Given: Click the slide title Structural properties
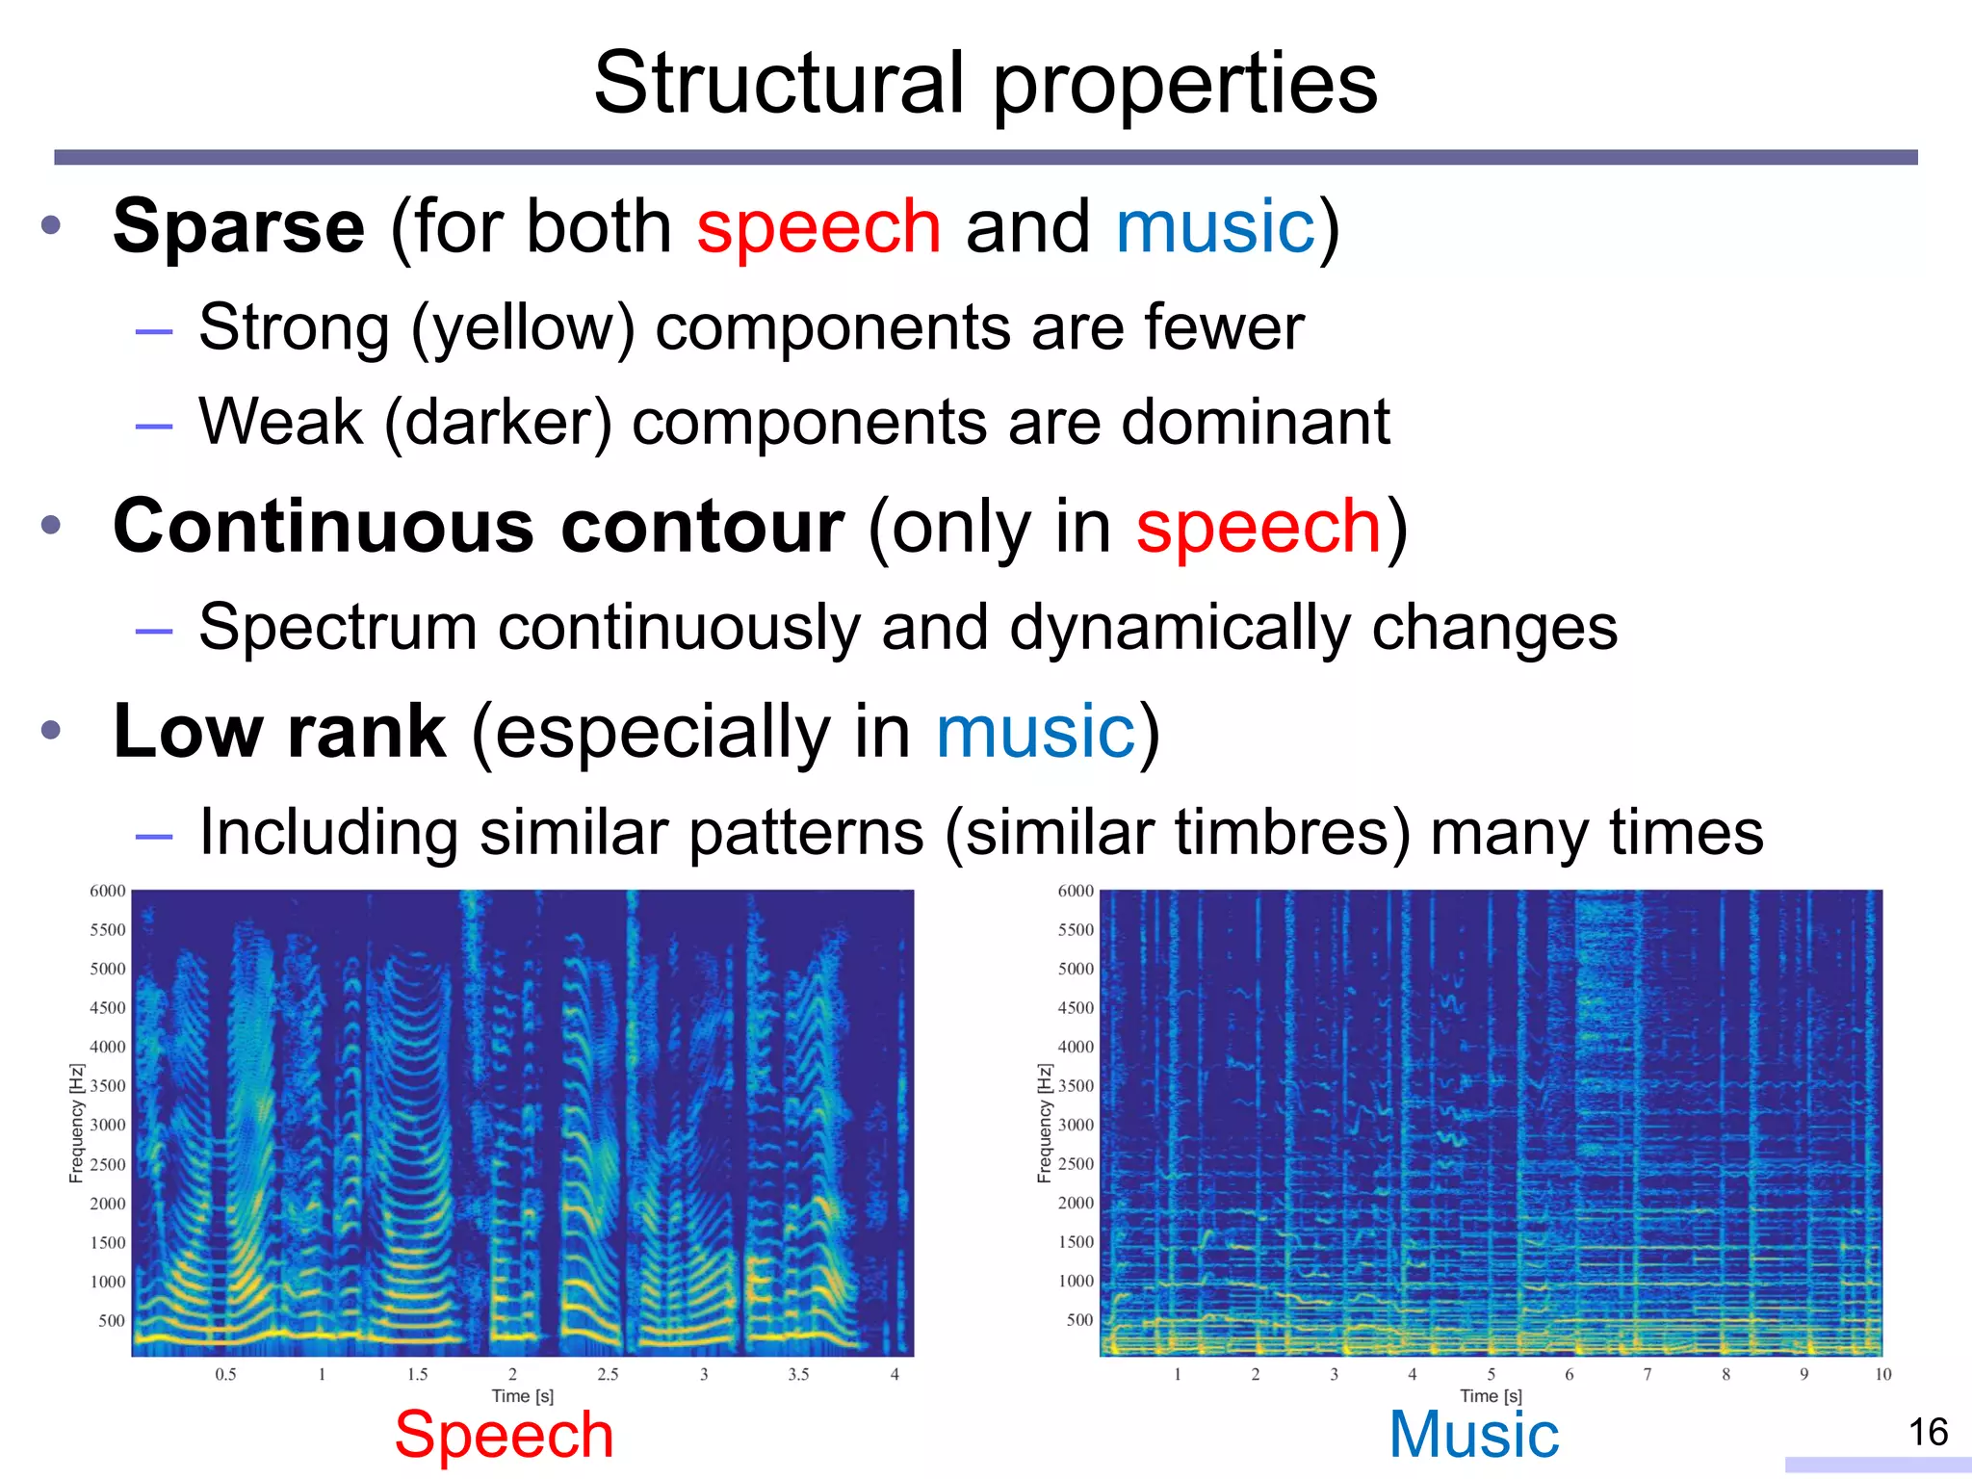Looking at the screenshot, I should click(985, 83).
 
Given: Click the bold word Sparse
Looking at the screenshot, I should click(239, 227).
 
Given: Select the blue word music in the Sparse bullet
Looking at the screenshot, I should click(1215, 227).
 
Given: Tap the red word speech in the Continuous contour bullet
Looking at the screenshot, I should click(1258, 527).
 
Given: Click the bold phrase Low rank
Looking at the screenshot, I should click(279, 732).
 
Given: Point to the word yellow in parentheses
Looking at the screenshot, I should click(523, 327).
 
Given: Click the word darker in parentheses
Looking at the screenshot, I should click(498, 422).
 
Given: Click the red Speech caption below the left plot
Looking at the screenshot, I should click(504, 1435).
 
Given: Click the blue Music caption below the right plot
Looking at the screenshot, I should click(1473, 1435).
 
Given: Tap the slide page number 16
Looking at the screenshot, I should click(1928, 1433).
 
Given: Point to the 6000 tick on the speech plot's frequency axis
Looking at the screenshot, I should click(108, 891).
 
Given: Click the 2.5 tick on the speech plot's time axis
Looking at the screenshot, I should click(608, 1374).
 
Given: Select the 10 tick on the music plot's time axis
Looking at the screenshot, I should click(1882, 1374).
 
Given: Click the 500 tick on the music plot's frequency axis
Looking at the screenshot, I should click(1079, 1320).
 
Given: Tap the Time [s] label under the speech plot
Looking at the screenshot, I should click(522, 1395).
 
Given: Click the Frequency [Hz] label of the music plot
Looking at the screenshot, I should click(1044, 1123).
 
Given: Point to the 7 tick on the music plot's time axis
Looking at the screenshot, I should click(1648, 1374).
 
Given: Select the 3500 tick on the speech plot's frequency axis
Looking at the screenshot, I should click(108, 1086).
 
